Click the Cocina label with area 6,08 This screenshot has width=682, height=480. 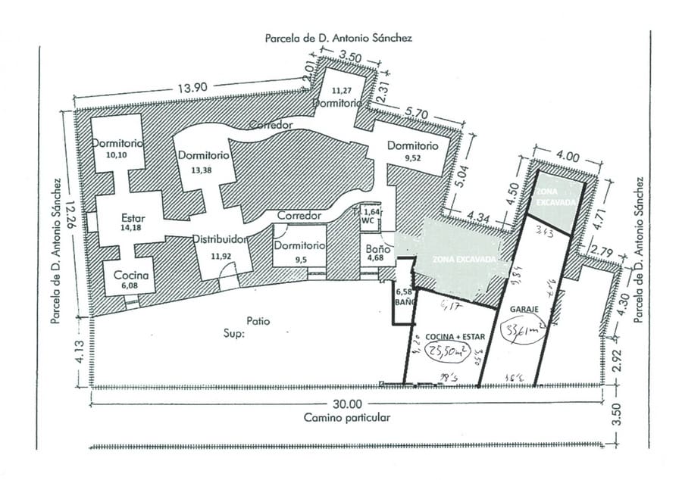pyautogui.click(x=133, y=276)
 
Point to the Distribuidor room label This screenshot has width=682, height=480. pyautogui.click(x=221, y=239)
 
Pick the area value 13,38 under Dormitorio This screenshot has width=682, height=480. pyautogui.click(x=202, y=170)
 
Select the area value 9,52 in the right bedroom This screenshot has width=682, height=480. pyautogui.click(x=414, y=158)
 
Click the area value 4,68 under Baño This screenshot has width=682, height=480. pyautogui.click(x=375, y=259)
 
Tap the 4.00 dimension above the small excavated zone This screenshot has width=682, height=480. pyautogui.click(x=567, y=157)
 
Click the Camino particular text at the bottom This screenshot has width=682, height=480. pyautogui.click(x=347, y=417)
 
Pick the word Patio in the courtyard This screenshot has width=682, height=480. pyautogui.click(x=258, y=320)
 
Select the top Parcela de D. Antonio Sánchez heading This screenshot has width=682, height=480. pyautogui.click(x=338, y=37)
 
